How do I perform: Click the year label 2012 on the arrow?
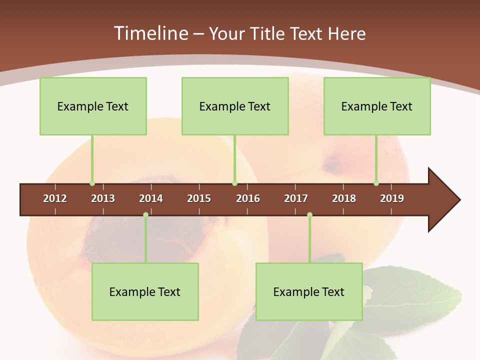click(55, 198)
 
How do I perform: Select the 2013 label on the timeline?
click(103, 198)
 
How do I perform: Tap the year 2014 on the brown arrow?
click(151, 198)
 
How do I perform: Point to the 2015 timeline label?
click(199, 198)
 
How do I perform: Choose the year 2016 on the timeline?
click(248, 198)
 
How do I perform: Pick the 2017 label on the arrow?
click(296, 198)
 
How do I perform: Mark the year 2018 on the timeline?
click(344, 198)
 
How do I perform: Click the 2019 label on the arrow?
click(392, 198)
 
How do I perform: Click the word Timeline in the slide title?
click(149, 33)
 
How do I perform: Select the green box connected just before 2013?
click(93, 106)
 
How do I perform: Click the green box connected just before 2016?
click(235, 106)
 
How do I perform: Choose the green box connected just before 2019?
click(377, 106)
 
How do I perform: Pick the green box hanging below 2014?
click(145, 291)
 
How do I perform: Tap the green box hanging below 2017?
click(309, 291)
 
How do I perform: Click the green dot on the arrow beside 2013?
click(92, 183)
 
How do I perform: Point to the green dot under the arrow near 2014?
click(145, 215)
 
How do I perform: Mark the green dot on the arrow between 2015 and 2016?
click(234, 183)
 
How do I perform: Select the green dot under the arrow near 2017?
click(309, 215)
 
